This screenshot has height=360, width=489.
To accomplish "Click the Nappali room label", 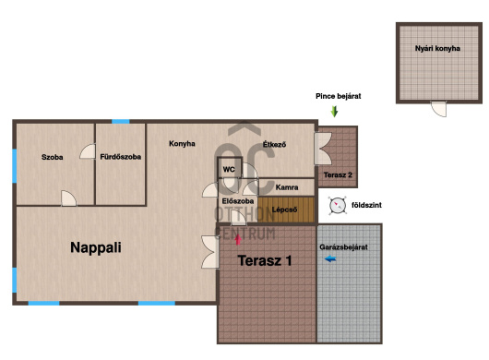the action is click(96, 247).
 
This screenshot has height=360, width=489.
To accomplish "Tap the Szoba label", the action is click(52, 157).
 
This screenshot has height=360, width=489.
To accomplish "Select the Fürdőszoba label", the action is click(120, 157).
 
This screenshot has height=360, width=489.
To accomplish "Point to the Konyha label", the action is click(182, 143).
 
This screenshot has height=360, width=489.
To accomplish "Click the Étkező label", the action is click(274, 144).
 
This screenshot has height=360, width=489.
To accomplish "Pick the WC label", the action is click(229, 170).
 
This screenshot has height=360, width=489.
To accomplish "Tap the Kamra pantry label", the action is click(287, 187).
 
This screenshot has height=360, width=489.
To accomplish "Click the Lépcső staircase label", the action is click(284, 210).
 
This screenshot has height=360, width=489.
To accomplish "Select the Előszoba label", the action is click(238, 201).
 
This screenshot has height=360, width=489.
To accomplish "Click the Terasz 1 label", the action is click(265, 260).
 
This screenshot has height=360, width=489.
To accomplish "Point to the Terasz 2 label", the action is click(338, 175).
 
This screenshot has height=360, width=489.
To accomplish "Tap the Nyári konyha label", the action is click(437, 48).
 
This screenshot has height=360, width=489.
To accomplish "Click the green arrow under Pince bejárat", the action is click(334, 112).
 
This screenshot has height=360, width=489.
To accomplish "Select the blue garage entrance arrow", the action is click(330, 259).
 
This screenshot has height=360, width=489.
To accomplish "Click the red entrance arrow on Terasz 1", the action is click(238, 239).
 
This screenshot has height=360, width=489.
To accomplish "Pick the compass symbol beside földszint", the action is click(338, 206).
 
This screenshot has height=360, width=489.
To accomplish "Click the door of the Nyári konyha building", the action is click(439, 109).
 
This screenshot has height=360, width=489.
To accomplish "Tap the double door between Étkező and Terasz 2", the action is click(323, 149).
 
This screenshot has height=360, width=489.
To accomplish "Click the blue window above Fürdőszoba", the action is click(121, 121).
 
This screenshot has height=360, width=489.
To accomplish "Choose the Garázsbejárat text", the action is click(343, 247).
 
